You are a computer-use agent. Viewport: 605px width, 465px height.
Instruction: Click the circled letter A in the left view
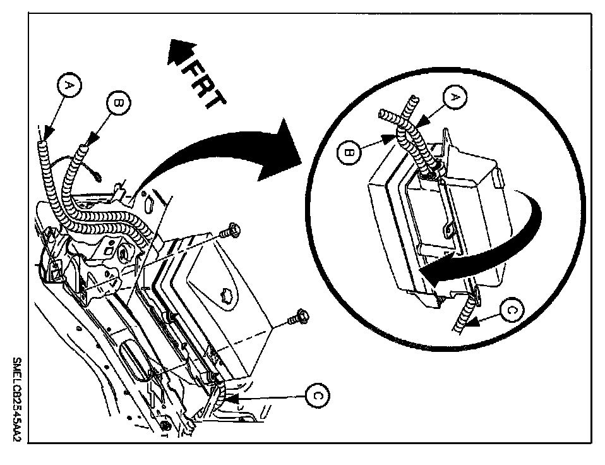70,85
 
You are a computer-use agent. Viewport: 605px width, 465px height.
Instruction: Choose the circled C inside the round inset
513,309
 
